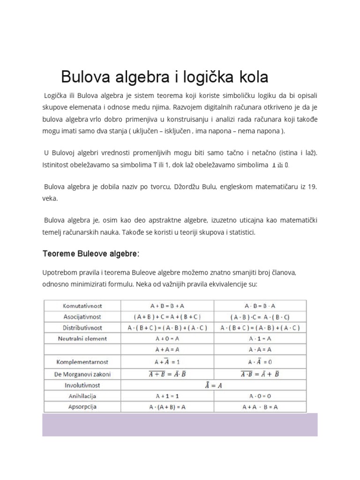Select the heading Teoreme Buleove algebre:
pos(91,254)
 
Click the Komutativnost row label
pos(82,306)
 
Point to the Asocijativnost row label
pos(82,317)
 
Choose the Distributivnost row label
pos(82,328)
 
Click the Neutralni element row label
pos(82,338)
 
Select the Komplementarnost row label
pos(82,362)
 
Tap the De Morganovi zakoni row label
pos(82,374)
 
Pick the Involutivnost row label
pos(82,385)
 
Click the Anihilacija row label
pos(82,396)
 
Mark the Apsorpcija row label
pos(82,407)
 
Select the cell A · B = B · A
pos(260,306)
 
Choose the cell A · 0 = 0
pos(260,396)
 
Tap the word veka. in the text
pos(50,199)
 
